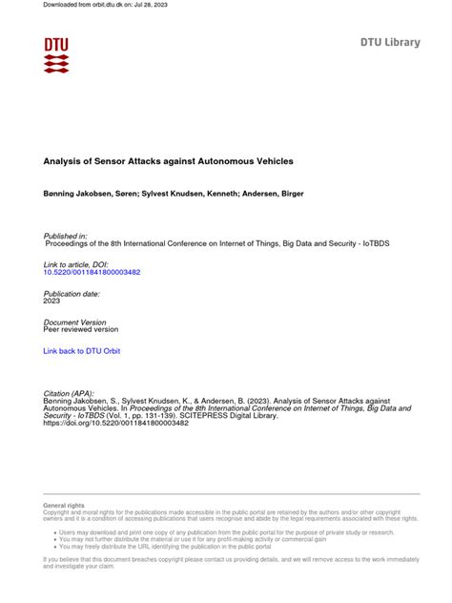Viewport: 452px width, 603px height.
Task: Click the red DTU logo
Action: pos(56,55)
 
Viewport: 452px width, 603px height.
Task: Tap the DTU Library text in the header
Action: pos(389,43)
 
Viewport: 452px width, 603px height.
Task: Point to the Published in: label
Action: pos(66,235)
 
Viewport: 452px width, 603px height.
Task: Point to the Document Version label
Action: pos(73,322)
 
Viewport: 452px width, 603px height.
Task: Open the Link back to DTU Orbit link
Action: pos(83,351)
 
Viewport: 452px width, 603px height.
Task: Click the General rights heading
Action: pos(63,505)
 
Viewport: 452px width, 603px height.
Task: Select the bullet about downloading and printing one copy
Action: pos(225,532)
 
